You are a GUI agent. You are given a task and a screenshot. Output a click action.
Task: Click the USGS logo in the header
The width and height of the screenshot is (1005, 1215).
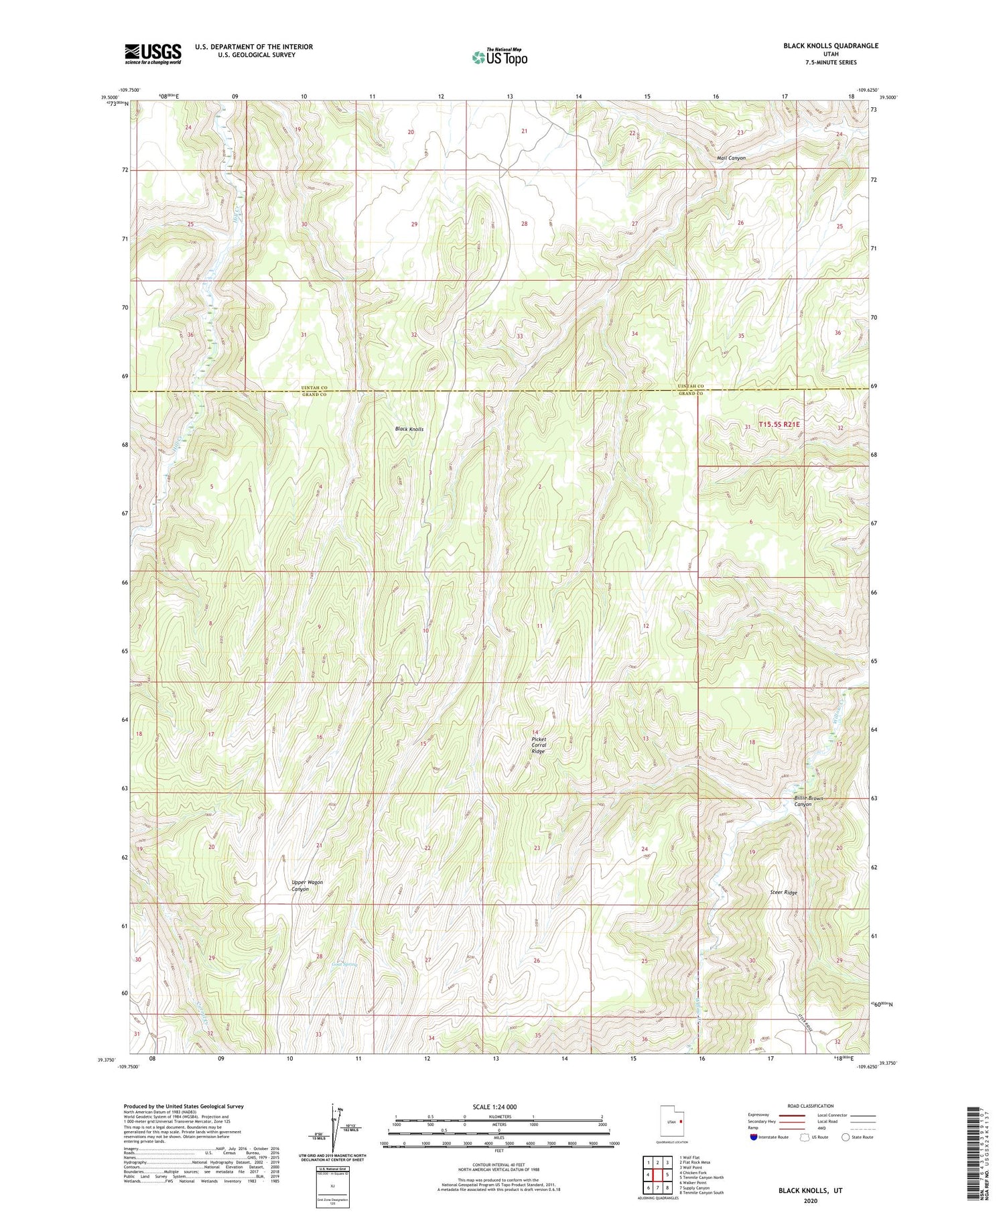153,54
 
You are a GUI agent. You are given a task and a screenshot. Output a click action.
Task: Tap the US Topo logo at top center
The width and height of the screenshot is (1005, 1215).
500,57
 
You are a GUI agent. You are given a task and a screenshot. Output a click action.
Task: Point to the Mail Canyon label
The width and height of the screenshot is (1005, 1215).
731,158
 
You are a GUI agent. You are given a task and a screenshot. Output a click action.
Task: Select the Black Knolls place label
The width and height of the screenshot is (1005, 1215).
409,429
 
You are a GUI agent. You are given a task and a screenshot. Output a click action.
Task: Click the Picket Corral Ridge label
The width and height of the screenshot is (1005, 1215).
539,745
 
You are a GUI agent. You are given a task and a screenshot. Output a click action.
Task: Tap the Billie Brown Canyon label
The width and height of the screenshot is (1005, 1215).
808,802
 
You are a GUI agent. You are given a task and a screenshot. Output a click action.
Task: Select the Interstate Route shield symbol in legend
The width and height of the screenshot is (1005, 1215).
754,1137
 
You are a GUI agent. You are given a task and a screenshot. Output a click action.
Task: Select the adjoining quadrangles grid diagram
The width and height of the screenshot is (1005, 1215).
657,1174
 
